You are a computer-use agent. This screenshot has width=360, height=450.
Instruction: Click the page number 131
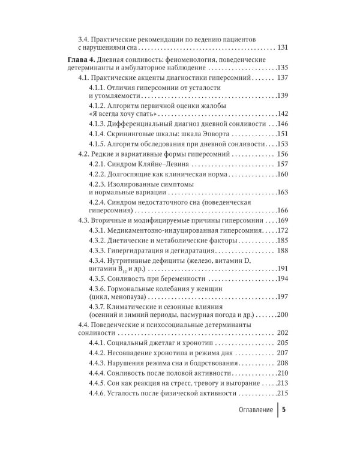[x=282, y=47]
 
